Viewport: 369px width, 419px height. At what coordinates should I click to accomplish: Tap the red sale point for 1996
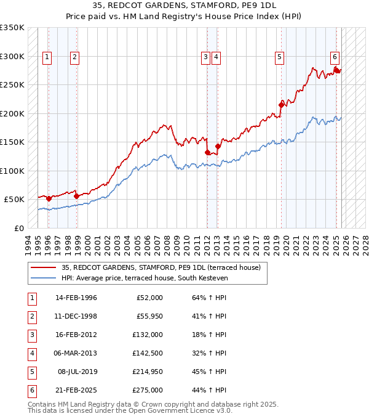49,198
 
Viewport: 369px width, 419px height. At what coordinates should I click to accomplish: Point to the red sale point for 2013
218,146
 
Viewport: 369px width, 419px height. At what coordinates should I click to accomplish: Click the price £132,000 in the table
148,335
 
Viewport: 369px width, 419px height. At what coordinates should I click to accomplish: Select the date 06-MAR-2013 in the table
76,353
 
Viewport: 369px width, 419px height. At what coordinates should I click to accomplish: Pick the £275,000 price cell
148,390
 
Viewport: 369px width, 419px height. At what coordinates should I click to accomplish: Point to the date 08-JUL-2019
76,372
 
